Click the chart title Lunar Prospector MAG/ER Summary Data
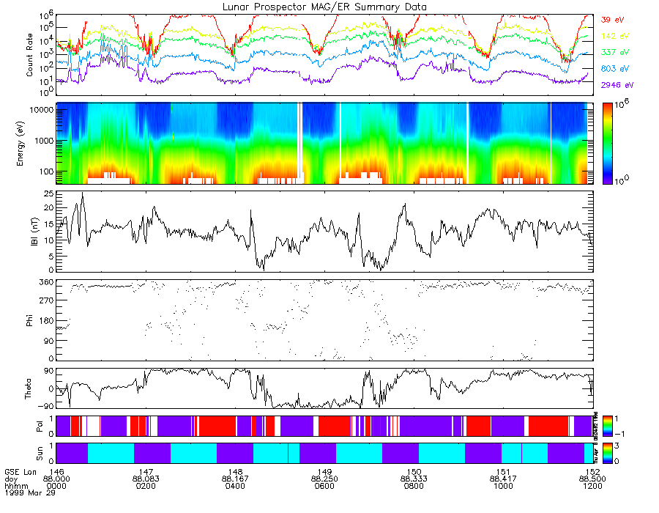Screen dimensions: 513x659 coord(324,7)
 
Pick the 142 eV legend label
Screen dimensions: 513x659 coord(612,36)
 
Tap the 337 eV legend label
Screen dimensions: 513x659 coord(612,52)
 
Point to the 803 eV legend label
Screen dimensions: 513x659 coord(612,69)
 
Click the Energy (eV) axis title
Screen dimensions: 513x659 coord(30,144)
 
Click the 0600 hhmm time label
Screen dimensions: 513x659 coord(324,486)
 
